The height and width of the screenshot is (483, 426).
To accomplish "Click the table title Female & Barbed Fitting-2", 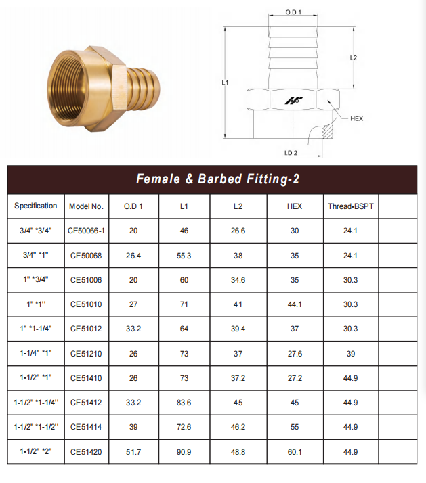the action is pos(218,179).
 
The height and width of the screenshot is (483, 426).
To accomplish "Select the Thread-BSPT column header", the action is pos(351,206).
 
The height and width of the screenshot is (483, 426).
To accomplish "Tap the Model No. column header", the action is pos(86,206).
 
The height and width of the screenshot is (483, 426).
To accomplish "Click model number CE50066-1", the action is pos(87,231).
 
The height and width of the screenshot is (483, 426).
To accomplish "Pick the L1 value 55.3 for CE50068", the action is pos(184,256).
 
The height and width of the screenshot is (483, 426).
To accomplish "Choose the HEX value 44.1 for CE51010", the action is pos(295,304).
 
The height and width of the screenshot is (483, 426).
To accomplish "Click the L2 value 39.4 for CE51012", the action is pos(238,329).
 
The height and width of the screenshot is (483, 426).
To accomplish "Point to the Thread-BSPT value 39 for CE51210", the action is pos(351,354).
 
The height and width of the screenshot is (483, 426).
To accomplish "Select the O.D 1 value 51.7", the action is pos(133,452).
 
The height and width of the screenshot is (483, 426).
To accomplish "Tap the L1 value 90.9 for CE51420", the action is pos(184,452).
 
